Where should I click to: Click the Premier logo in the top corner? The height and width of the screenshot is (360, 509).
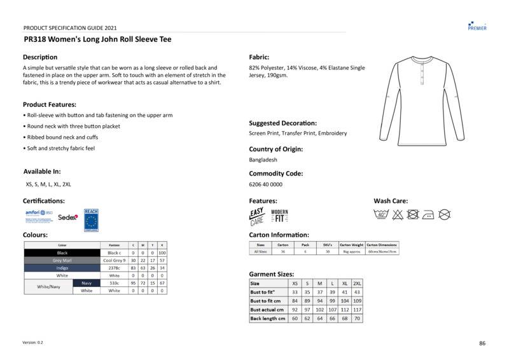477,25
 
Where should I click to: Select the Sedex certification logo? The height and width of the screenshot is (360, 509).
67,217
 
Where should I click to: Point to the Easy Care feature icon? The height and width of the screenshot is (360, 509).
257,217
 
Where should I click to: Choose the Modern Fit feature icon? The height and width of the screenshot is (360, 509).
279,216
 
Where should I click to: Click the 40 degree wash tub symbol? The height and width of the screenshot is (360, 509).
382,214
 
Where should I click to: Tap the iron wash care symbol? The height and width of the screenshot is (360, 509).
428,214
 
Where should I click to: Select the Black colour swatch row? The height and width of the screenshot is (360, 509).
62,253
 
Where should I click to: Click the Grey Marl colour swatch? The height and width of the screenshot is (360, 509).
62,260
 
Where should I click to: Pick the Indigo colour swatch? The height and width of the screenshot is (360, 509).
62,268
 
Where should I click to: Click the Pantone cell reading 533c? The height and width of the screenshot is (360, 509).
114,283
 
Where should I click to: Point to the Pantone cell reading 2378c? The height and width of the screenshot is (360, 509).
114,268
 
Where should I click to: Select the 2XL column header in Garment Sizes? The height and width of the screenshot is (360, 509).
357,283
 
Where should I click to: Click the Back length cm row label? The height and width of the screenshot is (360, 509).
267,318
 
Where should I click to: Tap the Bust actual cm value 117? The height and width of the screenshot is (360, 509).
357,309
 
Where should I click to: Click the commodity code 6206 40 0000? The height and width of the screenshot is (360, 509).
265,184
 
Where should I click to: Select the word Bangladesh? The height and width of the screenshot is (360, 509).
263,160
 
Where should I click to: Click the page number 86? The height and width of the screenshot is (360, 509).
482,343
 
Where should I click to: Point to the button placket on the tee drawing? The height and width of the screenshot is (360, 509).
421,71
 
